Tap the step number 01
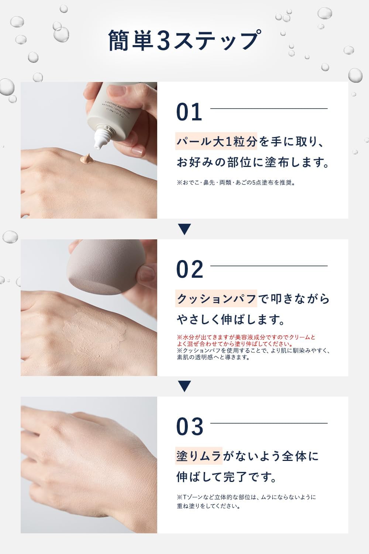[x=189, y=112]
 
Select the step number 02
[x=190, y=269]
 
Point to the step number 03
[x=190, y=427]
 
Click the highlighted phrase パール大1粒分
[x=217, y=141]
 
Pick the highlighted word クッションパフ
[x=217, y=299]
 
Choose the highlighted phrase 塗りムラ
[x=199, y=456]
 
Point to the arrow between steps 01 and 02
[x=184, y=229]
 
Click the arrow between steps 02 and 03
[x=184, y=386]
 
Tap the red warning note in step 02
[x=246, y=340]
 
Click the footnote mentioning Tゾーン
[x=246, y=501]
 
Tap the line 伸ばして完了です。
[x=227, y=477]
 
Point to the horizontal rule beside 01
[x=269, y=109]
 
